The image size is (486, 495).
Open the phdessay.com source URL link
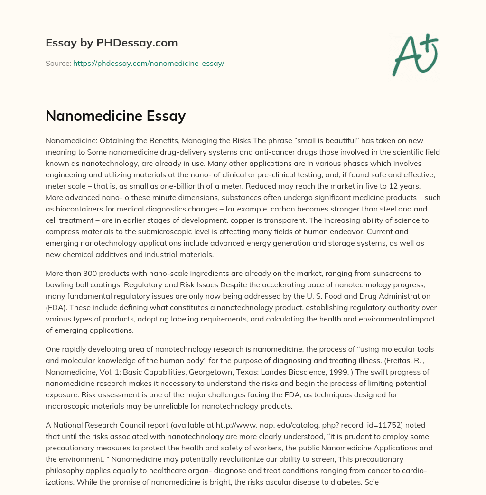149,63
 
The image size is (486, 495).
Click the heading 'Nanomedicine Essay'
115,116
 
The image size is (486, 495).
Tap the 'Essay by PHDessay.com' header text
112,43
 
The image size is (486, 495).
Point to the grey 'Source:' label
58,63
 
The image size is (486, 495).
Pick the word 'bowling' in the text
59,284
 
